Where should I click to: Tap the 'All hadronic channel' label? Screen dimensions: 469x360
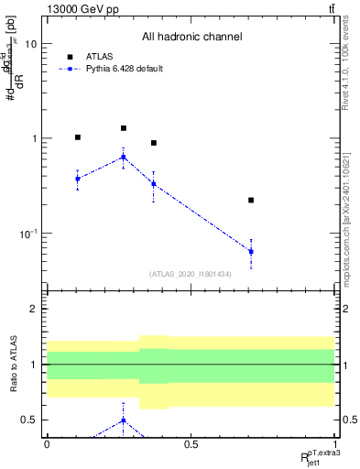tap(191, 38)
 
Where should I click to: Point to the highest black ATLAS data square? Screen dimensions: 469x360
tap(124, 128)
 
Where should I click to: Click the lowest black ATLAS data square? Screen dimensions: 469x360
tap(251, 200)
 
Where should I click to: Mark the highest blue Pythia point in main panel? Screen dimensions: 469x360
tap(124, 157)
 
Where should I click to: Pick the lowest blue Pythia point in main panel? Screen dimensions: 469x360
tap(251, 251)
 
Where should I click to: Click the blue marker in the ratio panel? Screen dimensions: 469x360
tap(124, 420)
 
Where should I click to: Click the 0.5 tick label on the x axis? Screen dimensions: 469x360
tap(191, 444)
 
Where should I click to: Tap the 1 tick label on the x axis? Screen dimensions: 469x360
tap(334, 444)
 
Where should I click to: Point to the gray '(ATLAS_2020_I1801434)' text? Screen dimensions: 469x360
tap(190, 274)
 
